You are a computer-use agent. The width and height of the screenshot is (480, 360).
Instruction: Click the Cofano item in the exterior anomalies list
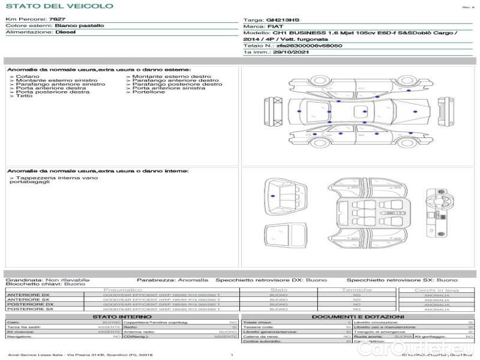pyautogui.click(x=28, y=77)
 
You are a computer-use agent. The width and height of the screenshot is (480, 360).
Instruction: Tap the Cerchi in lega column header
pyautogui.click(x=436, y=290)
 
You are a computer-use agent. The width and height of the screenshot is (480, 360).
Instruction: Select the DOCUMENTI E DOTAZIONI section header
pyautogui.click(x=358, y=316)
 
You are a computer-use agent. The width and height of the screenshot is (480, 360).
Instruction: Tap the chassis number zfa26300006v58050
pyautogui.click(x=309, y=46)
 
